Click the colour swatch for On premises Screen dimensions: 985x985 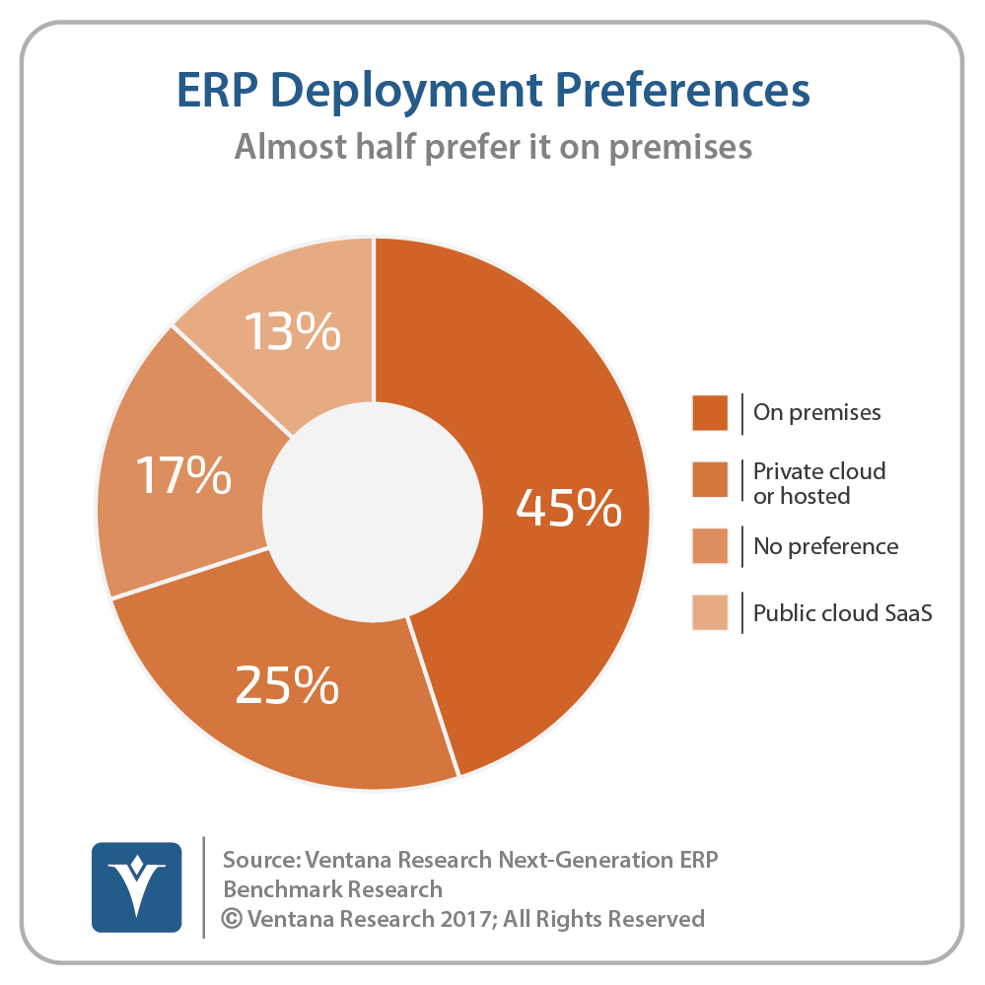pyautogui.click(x=710, y=412)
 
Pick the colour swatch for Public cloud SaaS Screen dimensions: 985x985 pyautogui.click(x=710, y=612)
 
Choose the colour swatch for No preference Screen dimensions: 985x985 pyautogui.click(x=710, y=545)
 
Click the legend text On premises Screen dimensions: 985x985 pyautogui.click(x=816, y=412)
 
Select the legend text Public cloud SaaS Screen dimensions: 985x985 pyautogui.click(x=842, y=612)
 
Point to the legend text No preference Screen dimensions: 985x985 pyautogui.click(x=825, y=545)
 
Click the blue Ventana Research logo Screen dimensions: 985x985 pyautogui.click(x=136, y=886)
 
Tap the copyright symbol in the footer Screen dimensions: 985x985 pyautogui.click(x=233, y=919)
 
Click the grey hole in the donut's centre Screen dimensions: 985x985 pyautogui.click(x=376, y=512)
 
